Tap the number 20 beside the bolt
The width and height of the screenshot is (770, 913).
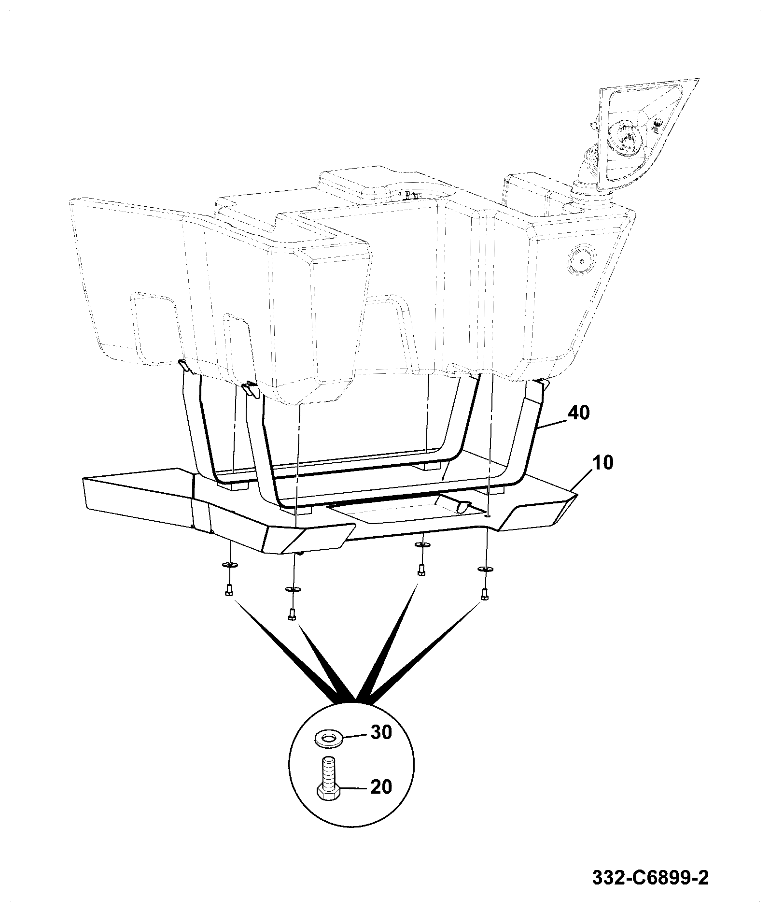381,800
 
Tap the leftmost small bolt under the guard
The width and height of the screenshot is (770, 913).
228,590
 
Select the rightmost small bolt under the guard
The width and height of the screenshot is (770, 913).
484,595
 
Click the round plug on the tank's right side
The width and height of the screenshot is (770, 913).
582,261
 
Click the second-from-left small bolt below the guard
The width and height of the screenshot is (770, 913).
291,614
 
